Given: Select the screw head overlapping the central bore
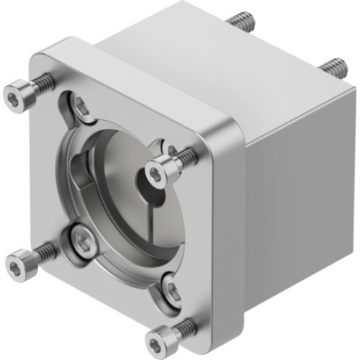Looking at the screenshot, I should click(156, 171).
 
